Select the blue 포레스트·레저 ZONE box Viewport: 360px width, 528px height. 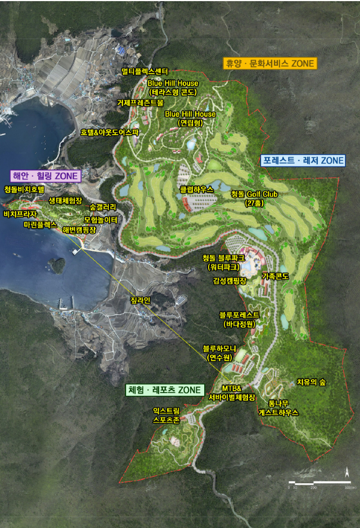pyautogui.click(x=303, y=160)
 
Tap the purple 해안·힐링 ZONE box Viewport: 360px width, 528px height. pyautogui.click(x=46, y=176)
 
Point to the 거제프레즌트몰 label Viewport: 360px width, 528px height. pyautogui.click(x=140, y=103)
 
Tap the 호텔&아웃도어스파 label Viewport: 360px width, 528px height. pyautogui.click(x=109, y=132)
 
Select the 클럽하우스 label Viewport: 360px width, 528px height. pyautogui.click(x=196, y=189)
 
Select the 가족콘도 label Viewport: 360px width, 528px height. pyautogui.click(x=275, y=276)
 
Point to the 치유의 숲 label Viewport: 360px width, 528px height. pyautogui.click(x=311, y=382)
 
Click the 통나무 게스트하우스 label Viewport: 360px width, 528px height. pyautogui.click(x=278, y=408)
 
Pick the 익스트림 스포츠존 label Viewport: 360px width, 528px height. pyautogui.click(x=166, y=416)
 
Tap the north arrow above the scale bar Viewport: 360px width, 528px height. pyautogui.click(x=347, y=471)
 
